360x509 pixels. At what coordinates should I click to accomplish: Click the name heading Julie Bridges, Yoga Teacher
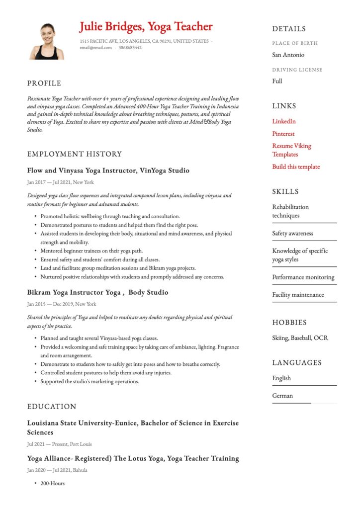[x=146, y=26]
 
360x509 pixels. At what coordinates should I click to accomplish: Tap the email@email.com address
[x=95, y=48]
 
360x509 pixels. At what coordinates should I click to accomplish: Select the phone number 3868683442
[x=131, y=48]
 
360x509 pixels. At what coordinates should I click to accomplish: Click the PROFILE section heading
[x=44, y=83]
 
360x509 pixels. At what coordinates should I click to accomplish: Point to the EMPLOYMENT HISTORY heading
[x=74, y=154]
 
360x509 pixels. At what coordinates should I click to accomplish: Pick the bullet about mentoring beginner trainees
[x=91, y=251]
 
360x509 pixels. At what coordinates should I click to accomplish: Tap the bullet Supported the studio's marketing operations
[x=90, y=381]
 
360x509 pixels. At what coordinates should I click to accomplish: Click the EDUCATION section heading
[x=52, y=407]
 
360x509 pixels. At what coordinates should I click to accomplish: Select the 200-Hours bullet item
[x=52, y=483]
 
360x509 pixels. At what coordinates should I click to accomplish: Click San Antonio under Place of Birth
[x=288, y=55]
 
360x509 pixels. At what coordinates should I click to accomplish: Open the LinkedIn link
[x=284, y=121]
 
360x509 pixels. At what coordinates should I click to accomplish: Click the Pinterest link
[x=283, y=134]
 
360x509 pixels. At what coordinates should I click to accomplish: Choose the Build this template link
[x=296, y=167]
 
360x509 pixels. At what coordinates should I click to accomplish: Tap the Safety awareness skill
[x=292, y=233]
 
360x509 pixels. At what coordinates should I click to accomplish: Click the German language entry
[x=282, y=396]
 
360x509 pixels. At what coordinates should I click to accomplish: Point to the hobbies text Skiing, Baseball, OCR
[x=300, y=338]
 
